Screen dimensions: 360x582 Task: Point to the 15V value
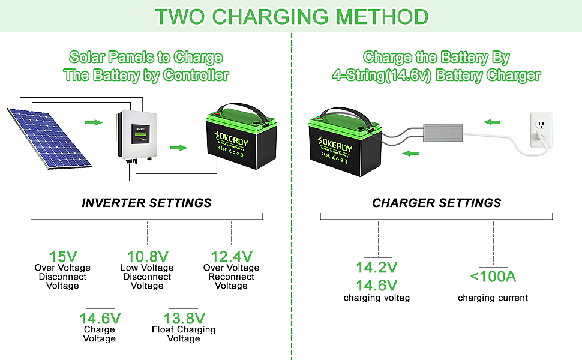click(63, 255)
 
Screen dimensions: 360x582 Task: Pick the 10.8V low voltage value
click(147, 255)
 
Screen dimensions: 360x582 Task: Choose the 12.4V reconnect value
click(231, 255)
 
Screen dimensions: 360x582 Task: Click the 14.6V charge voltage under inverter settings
click(100, 317)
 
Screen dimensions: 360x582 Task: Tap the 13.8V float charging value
click(184, 317)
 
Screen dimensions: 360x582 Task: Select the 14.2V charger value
click(377, 267)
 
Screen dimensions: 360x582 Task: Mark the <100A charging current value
click(493, 277)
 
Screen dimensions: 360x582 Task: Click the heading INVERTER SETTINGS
click(146, 203)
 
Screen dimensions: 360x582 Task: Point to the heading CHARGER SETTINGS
click(436, 203)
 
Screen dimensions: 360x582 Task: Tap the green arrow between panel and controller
click(93, 122)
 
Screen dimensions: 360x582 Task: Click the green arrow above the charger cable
click(492, 122)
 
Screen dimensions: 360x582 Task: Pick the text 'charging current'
click(493, 298)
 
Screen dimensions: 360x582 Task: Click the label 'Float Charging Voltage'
click(184, 334)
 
